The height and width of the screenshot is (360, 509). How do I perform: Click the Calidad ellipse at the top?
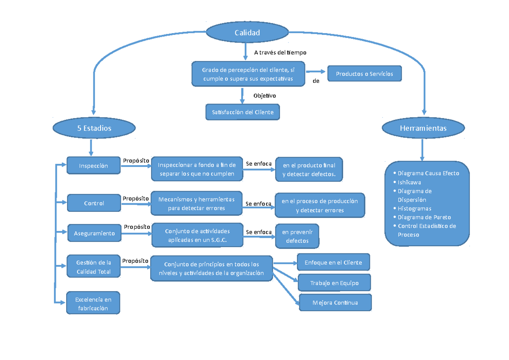click(247, 33)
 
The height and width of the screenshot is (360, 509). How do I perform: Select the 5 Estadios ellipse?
click(94, 128)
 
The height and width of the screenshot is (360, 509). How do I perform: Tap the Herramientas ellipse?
click(423, 128)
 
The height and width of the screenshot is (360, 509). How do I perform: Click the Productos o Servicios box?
click(364, 74)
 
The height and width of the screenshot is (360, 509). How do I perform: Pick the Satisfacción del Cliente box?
click(243, 112)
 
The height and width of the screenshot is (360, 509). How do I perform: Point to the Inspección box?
click(93, 166)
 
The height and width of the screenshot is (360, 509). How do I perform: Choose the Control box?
click(94, 203)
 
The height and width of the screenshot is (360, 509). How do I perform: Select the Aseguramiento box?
click(94, 233)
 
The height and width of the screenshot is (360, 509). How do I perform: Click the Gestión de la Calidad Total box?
click(93, 267)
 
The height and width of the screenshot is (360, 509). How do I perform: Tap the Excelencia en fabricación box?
click(93, 304)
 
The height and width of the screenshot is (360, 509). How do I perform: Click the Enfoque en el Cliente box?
click(333, 262)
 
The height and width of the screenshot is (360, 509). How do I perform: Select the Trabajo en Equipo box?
click(334, 283)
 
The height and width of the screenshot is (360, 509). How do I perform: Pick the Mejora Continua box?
click(335, 303)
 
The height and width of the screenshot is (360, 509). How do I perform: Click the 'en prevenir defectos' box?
click(297, 236)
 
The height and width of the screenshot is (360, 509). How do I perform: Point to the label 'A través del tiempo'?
click(280, 53)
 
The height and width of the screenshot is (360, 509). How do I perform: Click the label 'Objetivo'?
click(265, 96)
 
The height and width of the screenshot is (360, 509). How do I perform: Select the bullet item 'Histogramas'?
click(414, 208)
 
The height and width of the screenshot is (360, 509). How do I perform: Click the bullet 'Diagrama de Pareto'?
click(424, 217)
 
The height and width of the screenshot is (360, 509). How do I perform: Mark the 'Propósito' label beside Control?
click(136, 198)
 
